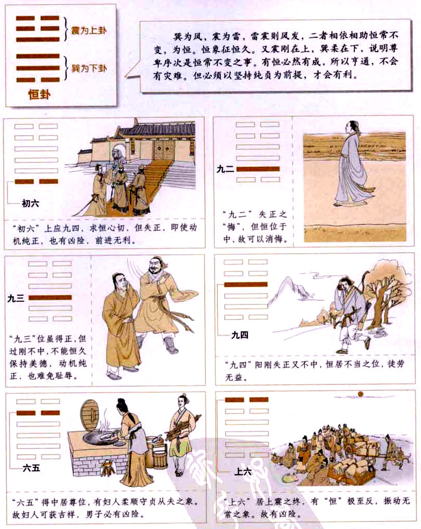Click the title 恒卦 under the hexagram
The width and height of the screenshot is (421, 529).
37,95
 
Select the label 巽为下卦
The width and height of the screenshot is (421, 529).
89,67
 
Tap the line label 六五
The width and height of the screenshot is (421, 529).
32,469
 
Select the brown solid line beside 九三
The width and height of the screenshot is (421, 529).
50,298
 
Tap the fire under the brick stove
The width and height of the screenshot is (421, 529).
107,470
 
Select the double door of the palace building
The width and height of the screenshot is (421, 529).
162,149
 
